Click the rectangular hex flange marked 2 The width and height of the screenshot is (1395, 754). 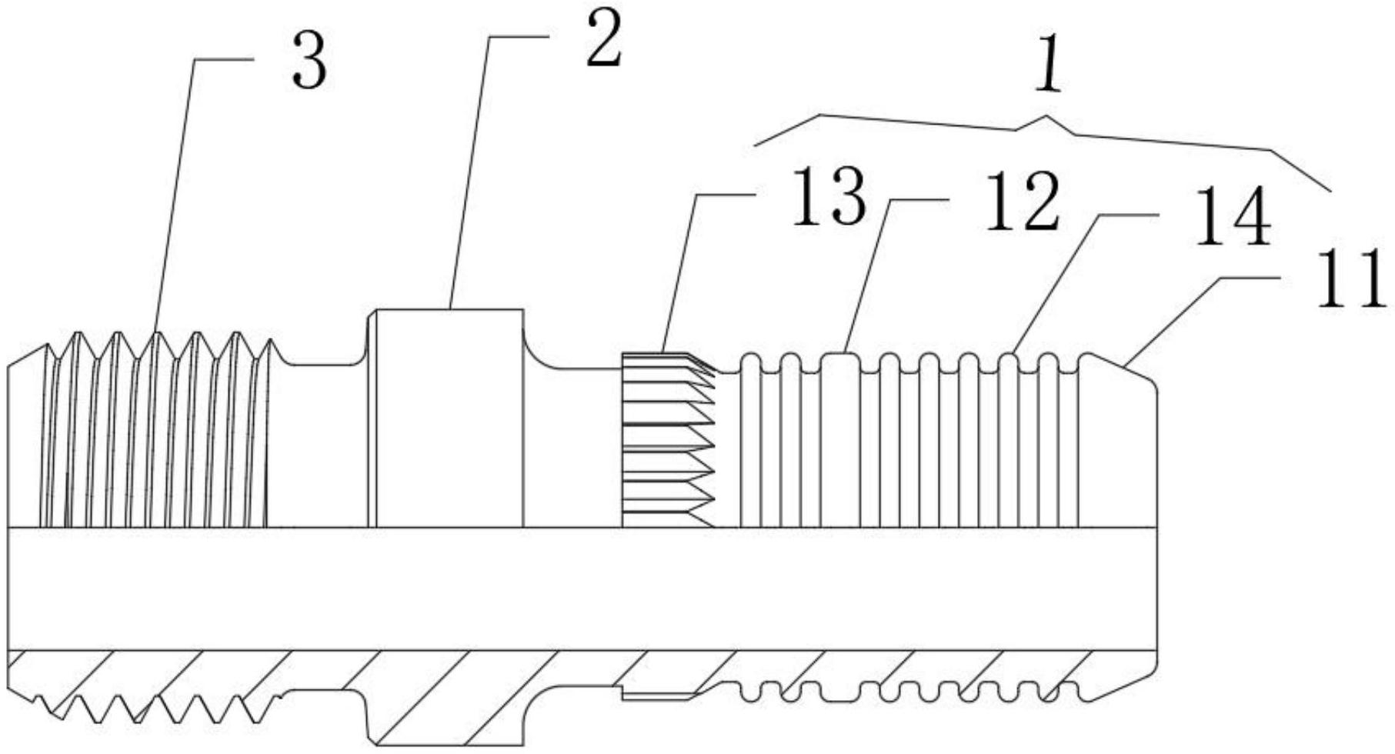tap(449, 415)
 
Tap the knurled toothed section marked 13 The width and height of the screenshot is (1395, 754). tap(666, 439)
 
